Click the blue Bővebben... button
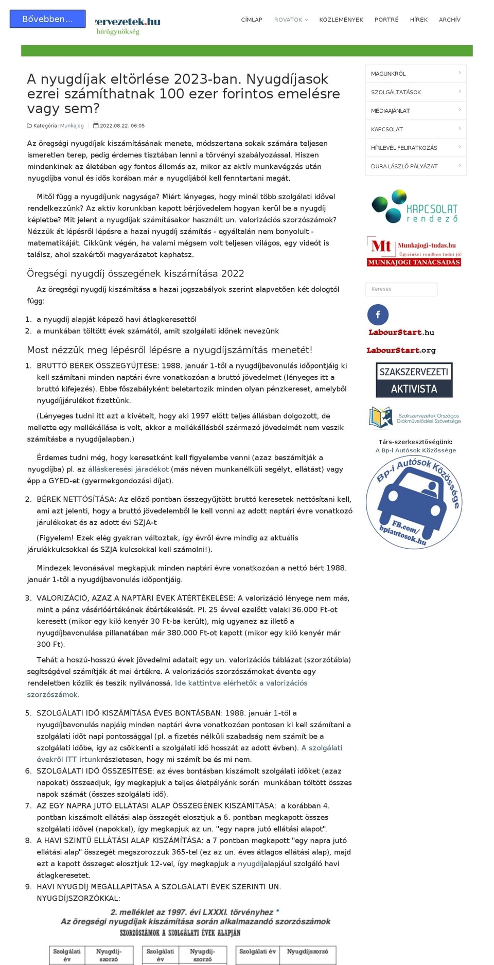(x=47, y=19)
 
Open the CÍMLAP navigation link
(x=252, y=20)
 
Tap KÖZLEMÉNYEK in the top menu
(x=341, y=20)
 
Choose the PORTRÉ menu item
(x=386, y=20)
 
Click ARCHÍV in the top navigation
(x=449, y=20)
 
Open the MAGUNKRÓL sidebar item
(x=415, y=74)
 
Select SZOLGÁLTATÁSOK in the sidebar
(x=415, y=92)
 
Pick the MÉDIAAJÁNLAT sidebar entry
(x=415, y=111)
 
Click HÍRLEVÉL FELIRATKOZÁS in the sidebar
(x=415, y=148)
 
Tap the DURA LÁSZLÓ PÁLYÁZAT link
(x=415, y=166)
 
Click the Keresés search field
(x=401, y=289)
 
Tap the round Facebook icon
(x=378, y=314)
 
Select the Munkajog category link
(x=72, y=126)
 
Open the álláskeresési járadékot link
(x=128, y=469)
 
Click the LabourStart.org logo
(x=401, y=350)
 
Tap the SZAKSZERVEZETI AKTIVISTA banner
(x=414, y=380)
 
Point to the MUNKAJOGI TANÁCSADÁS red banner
(x=414, y=262)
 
